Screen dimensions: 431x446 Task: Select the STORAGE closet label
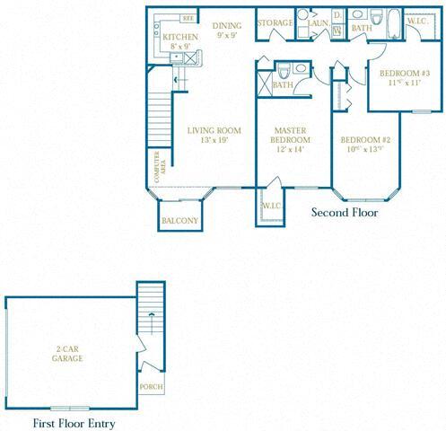tap(275, 22)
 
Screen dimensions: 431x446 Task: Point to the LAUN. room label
tap(319, 22)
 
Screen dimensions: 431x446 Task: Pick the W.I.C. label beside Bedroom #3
tap(418, 21)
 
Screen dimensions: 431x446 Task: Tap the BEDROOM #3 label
tap(404, 77)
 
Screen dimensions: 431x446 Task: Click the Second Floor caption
tap(345, 214)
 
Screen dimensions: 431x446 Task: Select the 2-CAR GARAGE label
tap(67, 354)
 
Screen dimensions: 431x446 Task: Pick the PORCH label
tap(148, 388)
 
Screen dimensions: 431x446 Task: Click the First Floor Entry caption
tap(74, 422)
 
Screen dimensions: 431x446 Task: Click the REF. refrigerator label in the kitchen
tap(188, 17)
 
